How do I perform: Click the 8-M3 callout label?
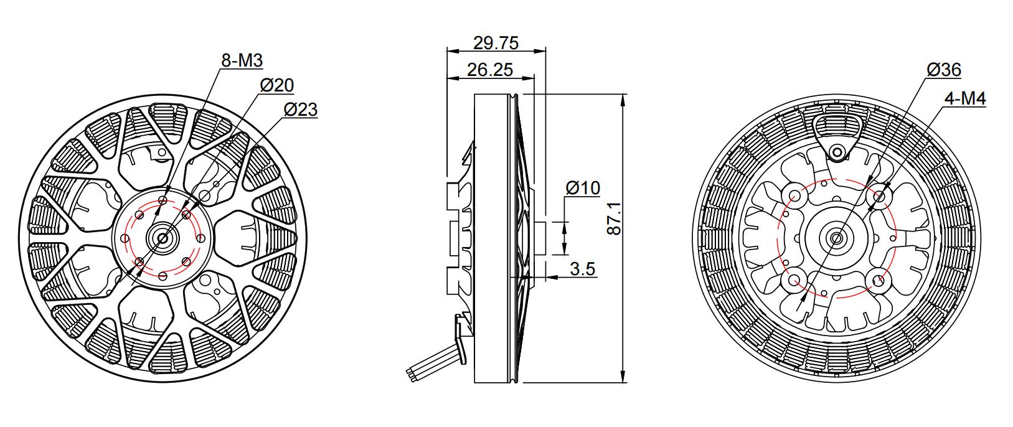coord(242,60)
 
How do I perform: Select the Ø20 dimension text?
coord(277,85)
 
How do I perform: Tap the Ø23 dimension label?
coord(301,110)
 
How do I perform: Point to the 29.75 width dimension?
coord(496,43)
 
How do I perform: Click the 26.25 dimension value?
coord(490,70)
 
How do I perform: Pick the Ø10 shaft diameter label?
coord(583,188)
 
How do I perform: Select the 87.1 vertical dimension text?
coord(614,218)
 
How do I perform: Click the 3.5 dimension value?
coord(583,269)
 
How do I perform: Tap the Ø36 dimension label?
coord(944,70)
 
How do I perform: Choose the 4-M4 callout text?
coord(965,98)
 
